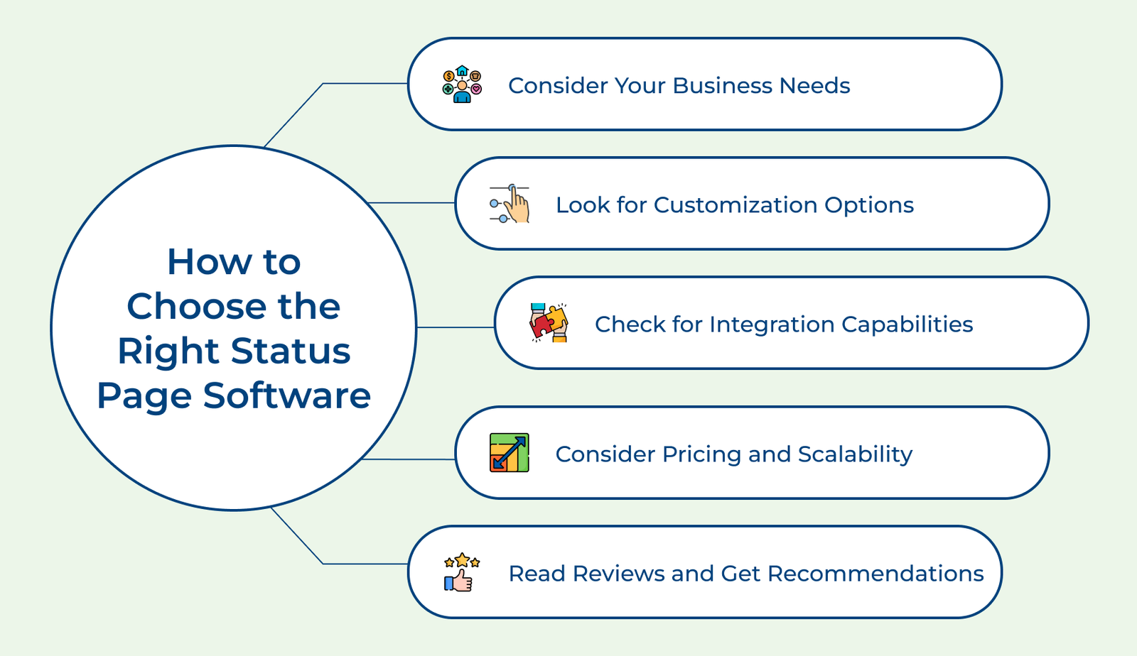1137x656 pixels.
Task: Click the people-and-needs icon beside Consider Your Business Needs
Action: [462, 84]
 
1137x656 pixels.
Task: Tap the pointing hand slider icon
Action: [510, 204]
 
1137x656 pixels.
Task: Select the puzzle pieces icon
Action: [549, 323]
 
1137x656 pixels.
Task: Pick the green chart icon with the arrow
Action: [509, 453]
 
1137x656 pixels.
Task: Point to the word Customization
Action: [735, 205]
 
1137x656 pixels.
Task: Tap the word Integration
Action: [772, 324]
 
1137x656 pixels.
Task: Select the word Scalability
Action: [856, 454]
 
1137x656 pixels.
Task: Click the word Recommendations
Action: [875, 574]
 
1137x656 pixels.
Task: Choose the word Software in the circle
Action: [287, 395]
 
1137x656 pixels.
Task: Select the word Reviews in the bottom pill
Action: [619, 574]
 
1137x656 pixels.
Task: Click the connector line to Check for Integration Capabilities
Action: [456, 327]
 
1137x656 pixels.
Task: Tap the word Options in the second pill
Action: [869, 205]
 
